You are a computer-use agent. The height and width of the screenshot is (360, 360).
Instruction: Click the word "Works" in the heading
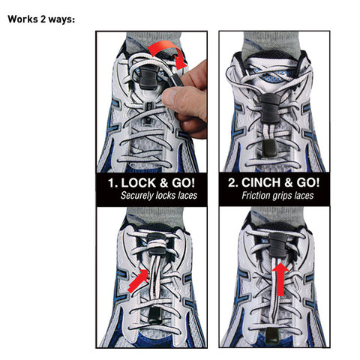click(x=22, y=19)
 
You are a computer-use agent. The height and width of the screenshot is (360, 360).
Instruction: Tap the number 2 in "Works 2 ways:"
click(x=43, y=19)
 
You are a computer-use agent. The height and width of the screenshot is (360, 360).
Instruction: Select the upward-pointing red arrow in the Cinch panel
click(x=280, y=279)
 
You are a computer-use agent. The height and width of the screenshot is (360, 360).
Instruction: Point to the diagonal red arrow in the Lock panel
click(x=138, y=280)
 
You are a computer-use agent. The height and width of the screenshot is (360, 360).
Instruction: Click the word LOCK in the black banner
click(x=138, y=183)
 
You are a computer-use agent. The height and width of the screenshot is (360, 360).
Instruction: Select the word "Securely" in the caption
click(x=137, y=196)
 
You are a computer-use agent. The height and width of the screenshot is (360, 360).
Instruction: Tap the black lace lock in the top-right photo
click(x=269, y=109)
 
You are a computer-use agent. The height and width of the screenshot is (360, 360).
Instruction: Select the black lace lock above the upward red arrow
click(x=277, y=245)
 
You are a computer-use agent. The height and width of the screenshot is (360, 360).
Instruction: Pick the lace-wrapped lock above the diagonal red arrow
click(x=157, y=244)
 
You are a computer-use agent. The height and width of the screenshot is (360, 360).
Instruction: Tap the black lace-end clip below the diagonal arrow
click(x=155, y=316)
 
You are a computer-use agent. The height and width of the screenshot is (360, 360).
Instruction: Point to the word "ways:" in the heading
click(x=61, y=19)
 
